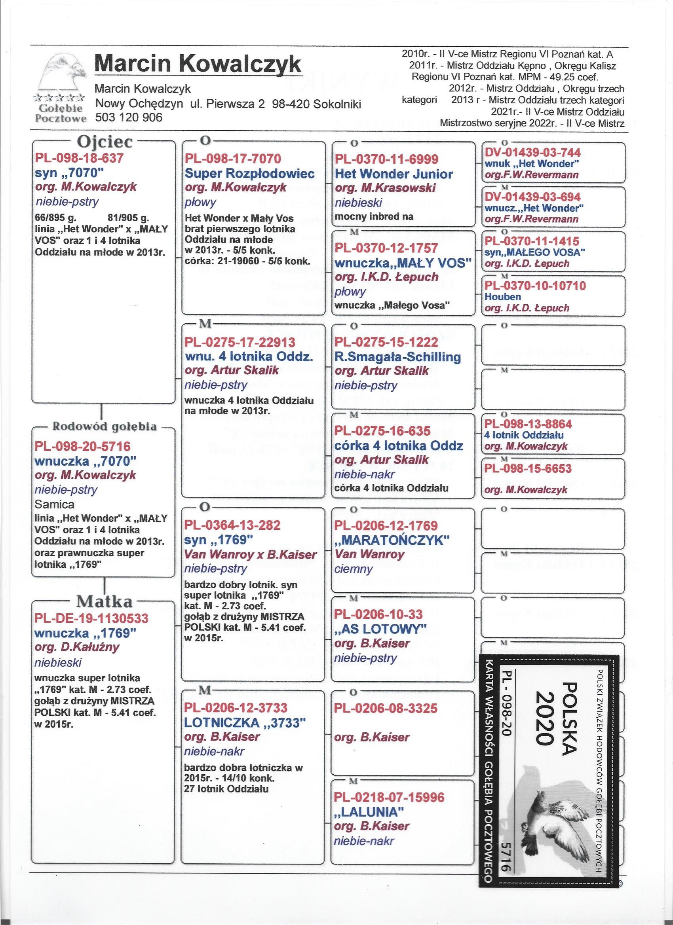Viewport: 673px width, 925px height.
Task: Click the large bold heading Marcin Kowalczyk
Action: coord(198,64)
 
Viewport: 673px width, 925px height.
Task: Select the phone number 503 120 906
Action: coord(129,118)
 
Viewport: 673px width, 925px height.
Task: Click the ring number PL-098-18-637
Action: coord(79,159)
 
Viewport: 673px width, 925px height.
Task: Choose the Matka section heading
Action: coord(105,601)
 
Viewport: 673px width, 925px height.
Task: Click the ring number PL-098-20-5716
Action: coord(83,446)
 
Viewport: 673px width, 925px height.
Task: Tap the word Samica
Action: coord(55,504)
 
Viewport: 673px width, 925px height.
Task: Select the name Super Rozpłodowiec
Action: coord(250,174)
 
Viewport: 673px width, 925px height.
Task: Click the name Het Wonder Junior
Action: coord(394,174)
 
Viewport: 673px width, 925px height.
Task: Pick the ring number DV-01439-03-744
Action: coord(532,153)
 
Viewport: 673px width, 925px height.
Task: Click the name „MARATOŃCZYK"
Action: coord(392,540)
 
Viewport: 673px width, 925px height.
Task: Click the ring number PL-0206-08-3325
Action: coord(386,708)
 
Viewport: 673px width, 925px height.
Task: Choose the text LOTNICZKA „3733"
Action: coord(246,723)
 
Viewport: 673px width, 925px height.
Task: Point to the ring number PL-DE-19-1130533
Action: coord(92,618)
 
